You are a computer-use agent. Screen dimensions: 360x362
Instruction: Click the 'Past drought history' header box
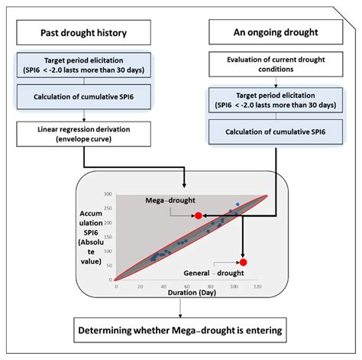(x=84, y=34)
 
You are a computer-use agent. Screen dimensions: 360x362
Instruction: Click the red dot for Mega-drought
(x=199, y=216)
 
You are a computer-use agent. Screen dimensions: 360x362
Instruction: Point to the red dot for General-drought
(x=243, y=262)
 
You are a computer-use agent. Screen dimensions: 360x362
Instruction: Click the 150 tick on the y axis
(x=109, y=238)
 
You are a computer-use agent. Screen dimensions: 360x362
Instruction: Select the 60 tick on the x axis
(x=186, y=287)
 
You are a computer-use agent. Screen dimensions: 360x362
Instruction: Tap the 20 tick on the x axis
(x=138, y=287)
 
